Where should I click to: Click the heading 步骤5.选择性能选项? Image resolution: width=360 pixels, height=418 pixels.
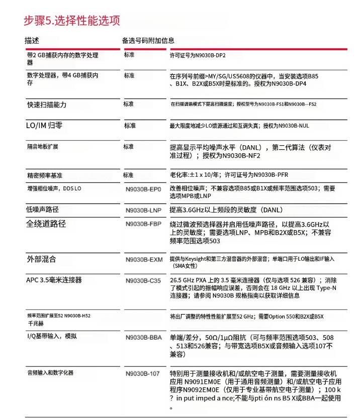click(x=72, y=21)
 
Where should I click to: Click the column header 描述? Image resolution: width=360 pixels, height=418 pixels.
click(x=32, y=40)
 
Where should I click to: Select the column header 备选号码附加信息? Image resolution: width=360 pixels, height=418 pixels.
click(x=148, y=40)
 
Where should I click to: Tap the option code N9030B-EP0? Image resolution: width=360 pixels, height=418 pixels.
click(x=143, y=189)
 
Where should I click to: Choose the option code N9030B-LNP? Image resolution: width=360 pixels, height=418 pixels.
click(x=143, y=211)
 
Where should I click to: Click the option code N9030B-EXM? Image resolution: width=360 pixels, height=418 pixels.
click(x=144, y=260)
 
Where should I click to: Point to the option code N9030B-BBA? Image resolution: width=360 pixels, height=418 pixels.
click(x=144, y=338)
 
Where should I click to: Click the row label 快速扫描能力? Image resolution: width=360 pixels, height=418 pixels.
click(x=46, y=104)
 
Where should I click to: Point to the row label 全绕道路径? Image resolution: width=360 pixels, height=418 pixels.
click(x=46, y=224)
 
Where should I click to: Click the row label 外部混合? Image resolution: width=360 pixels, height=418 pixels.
click(x=41, y=259)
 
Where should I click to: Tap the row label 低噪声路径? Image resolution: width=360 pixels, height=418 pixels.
click(x=42, y=210)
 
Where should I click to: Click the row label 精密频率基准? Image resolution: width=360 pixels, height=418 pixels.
click(x=45, y=175)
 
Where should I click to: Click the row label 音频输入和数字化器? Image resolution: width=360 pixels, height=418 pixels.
click(x=50, y=373)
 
